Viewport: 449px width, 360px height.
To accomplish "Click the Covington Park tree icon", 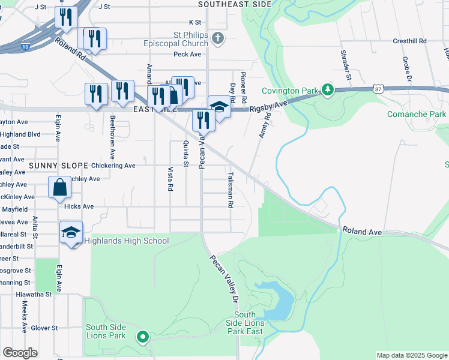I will (x=327, y=90).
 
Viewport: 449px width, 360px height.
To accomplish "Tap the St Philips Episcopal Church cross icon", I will (x=217, y=38).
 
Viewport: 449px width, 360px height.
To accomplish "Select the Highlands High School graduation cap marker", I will (x=71, y=232).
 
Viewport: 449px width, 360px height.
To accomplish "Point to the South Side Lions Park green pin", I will (x=142, y=337).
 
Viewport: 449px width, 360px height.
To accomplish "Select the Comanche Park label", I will (x=417, y=114).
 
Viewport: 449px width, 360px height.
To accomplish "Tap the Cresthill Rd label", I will (x=409, y=41).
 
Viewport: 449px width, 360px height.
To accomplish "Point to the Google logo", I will (x=20, y=353).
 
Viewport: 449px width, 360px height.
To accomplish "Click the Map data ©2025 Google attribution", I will (x=411, y=355).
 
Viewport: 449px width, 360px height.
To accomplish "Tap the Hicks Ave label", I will (x=79, y=206).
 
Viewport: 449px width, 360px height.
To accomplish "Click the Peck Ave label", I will (x=187, y=54).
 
